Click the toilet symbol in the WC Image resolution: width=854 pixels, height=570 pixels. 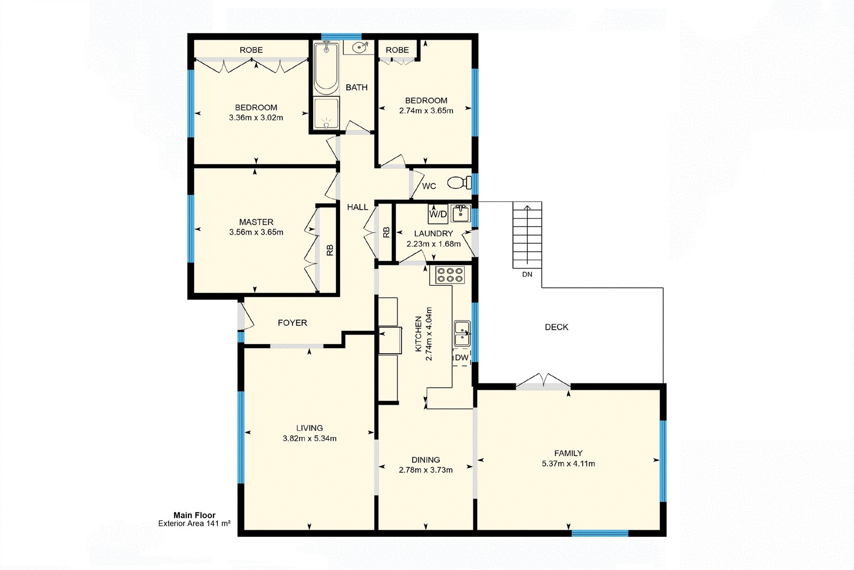tap(459, 183)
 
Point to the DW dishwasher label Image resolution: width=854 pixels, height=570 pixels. tap(462, 358)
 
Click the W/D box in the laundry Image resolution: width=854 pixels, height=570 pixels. tap(438, 214)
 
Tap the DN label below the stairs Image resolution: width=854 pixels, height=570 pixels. tap(527, 275)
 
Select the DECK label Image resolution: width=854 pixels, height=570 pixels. tap(556, 327)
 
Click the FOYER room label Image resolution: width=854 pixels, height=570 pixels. tap(292, 323)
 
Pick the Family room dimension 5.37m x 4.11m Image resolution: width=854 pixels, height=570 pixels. tap(568, 464)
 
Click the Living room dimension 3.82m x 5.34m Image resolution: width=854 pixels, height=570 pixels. tap(310, 439)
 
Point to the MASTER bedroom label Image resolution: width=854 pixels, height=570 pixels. tap(256, 222)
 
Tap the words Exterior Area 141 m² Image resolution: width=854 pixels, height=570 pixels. tap(194, 524)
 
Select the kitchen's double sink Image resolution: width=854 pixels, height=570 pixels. tap(462, 333)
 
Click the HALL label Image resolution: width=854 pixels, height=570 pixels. tap(358, 207)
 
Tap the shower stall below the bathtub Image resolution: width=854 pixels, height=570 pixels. tap(326, 114)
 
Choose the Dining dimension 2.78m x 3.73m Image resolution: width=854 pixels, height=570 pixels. tap(425, 470)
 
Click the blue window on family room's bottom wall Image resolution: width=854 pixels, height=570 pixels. tap(599, 533)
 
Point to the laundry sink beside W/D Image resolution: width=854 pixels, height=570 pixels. tap(461, 214)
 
